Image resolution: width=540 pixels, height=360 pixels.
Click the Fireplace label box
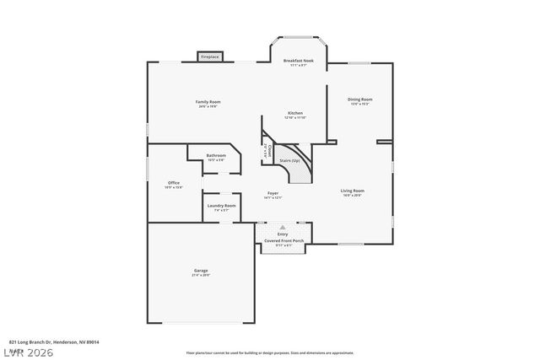[x=209, y=57]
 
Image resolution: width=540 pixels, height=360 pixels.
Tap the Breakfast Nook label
[x=299, y=61]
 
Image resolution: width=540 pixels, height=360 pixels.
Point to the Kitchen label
[x=295, y=113]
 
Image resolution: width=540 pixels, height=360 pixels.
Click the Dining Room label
[x=360, y=99]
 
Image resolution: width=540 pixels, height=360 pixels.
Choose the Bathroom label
[x=216, y=155]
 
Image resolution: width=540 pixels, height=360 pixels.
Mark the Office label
[x=174, y=183]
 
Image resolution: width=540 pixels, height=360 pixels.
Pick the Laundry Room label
[x=221, y=206]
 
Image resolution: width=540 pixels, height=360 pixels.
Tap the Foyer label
[x=273, y=193]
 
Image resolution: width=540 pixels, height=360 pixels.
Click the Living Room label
[x=353, y=191]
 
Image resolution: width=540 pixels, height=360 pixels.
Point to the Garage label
[x=201, y=271]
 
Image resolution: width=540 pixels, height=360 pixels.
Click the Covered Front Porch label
[x=283, y=241]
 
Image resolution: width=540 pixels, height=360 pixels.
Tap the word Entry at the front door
[x=283, y=234]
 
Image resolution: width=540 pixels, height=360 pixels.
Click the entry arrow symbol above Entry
[x=283, y=228]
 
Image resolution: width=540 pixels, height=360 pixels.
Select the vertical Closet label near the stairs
[x=268, y=154]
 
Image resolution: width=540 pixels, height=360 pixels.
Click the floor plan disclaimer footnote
[x=281, y=352]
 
